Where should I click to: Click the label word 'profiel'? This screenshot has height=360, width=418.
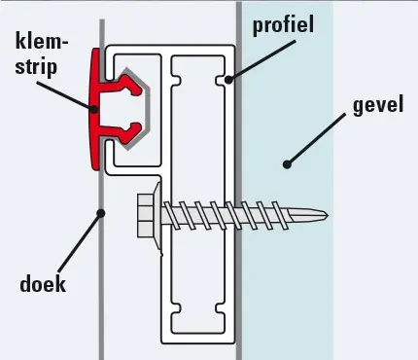(283, 23)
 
